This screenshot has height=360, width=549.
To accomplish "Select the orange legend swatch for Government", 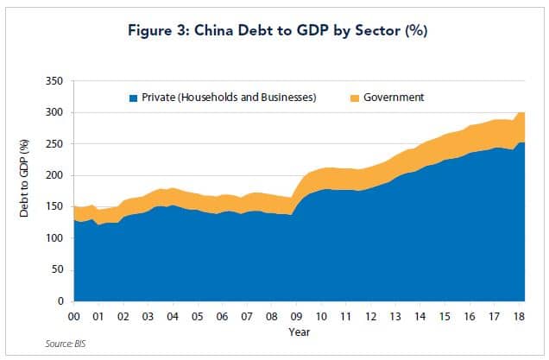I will click(x=354, y=98).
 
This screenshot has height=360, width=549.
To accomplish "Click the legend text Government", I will click(x=394, y=98).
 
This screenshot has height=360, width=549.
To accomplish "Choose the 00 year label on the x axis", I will click(x=76, y=316).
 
